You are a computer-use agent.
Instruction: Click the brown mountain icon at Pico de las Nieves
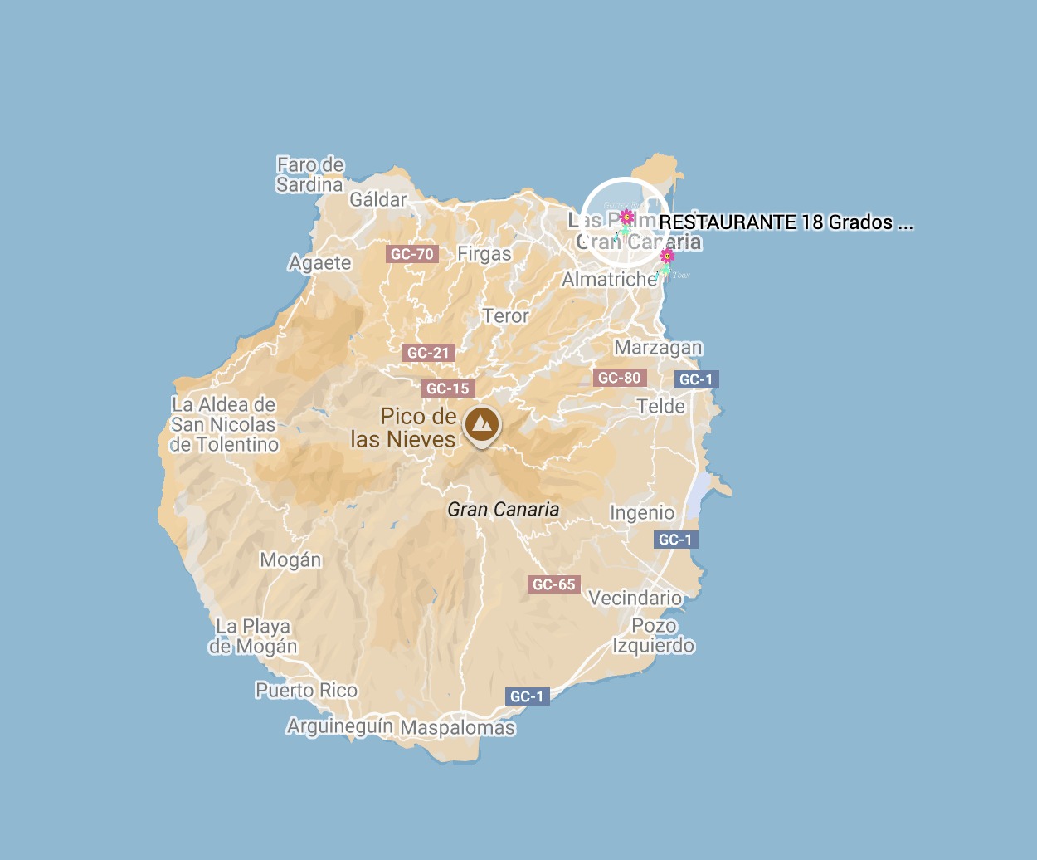(482, 424)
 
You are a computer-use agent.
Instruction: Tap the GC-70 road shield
(412, 254)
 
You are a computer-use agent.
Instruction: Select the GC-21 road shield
(428, 353)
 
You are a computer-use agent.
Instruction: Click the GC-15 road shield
(448, 388)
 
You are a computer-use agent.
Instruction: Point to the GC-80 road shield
(620, 378)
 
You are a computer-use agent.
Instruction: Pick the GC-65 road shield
(553, 584)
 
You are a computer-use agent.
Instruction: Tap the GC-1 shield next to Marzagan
(695, 379)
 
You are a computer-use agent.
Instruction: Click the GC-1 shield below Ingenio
(674, 540)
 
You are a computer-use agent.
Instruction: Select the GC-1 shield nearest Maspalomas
(526, 696)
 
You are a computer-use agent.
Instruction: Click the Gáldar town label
(378, 199)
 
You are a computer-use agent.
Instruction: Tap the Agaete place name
(320, 263)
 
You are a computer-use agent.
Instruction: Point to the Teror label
(506, 316)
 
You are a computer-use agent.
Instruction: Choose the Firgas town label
(484, 254)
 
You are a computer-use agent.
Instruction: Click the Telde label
(661, 407)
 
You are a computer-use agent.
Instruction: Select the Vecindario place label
(635, 599)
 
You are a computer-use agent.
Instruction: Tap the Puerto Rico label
(306, 691)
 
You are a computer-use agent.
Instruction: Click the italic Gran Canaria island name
(503, 510)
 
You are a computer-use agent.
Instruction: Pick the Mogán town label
(290, 560)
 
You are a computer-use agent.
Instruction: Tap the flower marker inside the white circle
(627, 217)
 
